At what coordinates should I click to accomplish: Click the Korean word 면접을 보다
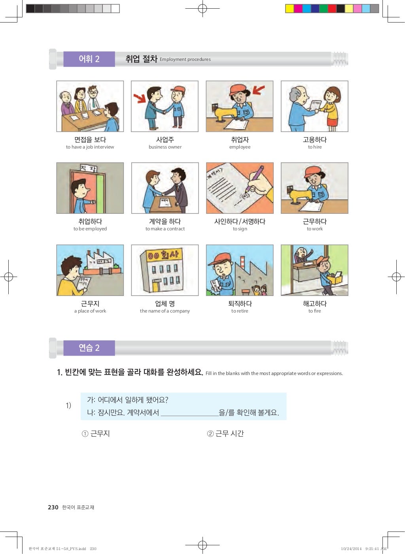[x=90, y=139]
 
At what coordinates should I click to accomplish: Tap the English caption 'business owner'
[x=165, y=147]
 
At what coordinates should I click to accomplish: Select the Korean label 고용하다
[x=314, y=139]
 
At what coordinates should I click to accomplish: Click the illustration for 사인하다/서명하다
[x=240, y=188]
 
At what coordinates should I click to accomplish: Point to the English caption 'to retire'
[x=240, y=311]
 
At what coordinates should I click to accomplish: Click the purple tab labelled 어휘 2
[x=89, y=59]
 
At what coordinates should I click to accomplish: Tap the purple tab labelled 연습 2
[x=89, y=348]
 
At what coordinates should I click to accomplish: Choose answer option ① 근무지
[x=96, y=433]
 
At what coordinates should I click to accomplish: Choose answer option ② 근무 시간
[x=225, y=433]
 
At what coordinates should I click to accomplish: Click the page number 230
[x=53, y=507]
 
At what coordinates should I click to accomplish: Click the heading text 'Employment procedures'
[x=185, y=59]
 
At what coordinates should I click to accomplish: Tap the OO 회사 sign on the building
[x=163, y=255]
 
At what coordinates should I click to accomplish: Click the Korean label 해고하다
[x=314, y=303]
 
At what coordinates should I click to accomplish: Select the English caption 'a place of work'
[x=90, y=311]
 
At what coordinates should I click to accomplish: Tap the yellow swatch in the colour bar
[x=290, y=9]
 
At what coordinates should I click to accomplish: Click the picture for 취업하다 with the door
[x=90, y=188]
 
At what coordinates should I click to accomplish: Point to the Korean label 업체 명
[x=165, y=303]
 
